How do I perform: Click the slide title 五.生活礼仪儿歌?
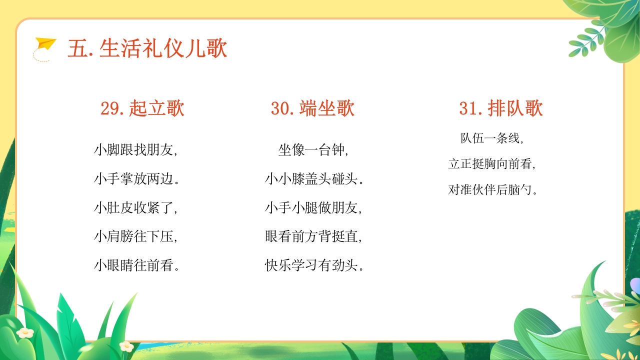tap(147, 49)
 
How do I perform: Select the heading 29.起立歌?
tap(142, 108)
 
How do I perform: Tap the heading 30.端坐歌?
tap(312, 108)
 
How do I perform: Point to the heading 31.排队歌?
tap(501, 108)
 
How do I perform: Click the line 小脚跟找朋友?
tap(135, 149)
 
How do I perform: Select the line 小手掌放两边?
tap(136, 178)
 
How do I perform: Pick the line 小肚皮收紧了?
tap(135, 207)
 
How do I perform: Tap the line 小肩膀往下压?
tap(135, 236)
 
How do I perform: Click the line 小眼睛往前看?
tap(136, 265)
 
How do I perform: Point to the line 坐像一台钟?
tap(313, 149)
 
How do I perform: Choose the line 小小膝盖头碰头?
tap(314, 178)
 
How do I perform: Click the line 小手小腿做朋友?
tap(313, 207)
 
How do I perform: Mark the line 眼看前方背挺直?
tap(313, 236)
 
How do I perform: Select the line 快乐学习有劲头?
tap(314, 265)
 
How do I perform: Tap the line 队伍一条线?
tap(492, 138)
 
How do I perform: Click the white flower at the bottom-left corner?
tap(24, 332)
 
